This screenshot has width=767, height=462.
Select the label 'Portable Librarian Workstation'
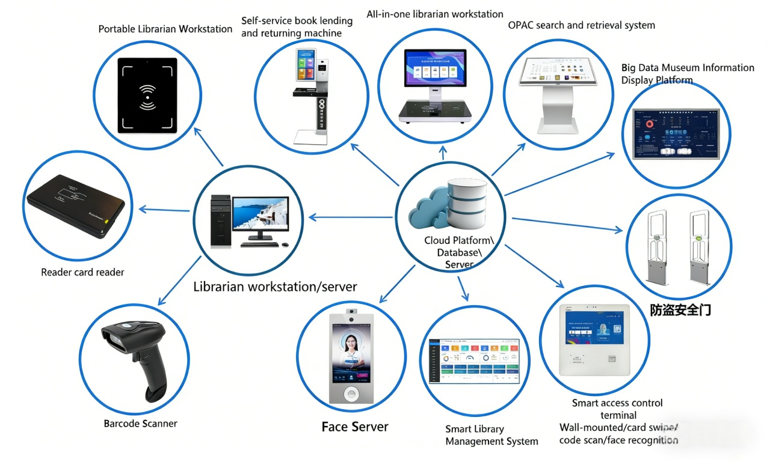pos(165,29)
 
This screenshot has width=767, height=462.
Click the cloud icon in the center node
pos(429,210)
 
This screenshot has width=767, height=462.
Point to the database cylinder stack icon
pos(467,205)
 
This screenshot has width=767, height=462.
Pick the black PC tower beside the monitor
pos(221,220)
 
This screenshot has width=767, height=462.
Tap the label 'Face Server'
pos(355,427)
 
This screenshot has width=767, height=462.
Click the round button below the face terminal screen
pos(351,394)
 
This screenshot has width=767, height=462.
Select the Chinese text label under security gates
pos(680,310)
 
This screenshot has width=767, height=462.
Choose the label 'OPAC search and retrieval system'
pos(581,25)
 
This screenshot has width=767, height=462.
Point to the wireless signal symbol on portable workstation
pos(147,96)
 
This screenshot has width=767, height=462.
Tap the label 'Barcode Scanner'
pos(140,424)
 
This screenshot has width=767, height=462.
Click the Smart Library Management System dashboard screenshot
pos(474,360)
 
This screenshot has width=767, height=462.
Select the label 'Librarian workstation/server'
pos(275,287)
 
